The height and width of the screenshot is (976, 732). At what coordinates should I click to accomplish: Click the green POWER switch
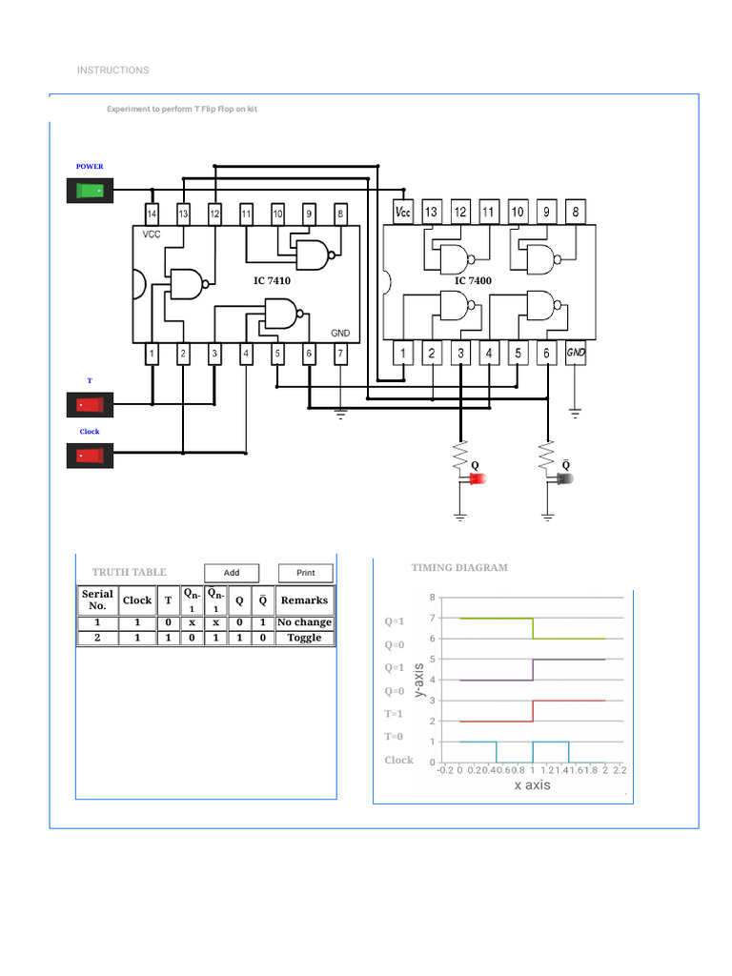click(x=90, y=191)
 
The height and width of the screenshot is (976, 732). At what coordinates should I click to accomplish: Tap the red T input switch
click(x=90, y=405)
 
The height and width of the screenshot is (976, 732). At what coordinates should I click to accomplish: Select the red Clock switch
click(x=90, y=457)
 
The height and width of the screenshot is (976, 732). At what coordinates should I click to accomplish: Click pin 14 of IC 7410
click(x=152, y=213)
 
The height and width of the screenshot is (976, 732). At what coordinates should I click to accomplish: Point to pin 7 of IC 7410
click(x=340, y=355)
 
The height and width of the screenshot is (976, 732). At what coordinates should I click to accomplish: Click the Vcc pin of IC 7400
click(x=402, y=212)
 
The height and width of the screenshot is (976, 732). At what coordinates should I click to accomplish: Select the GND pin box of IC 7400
click(x=576, y=354)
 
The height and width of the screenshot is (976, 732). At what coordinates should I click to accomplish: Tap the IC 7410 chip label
click(x=272, y=281)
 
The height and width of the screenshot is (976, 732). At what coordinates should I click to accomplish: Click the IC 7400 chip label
click(x=473, y=280)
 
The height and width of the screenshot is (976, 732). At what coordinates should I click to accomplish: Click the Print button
click(x=305, y=573)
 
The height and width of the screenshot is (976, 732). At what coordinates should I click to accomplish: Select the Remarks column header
click(x=304, y=600)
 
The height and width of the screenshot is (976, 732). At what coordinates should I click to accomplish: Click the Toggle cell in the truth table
click(x=304, y=638)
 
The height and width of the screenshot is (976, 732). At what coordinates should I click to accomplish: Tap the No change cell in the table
click(x=304, y=622)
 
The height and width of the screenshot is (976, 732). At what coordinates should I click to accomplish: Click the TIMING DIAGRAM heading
click(x=459, y=568)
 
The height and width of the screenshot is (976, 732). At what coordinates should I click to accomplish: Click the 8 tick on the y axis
click(x=433, y=598)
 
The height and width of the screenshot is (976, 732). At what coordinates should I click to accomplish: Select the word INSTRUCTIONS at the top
click(x=112, y=71)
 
